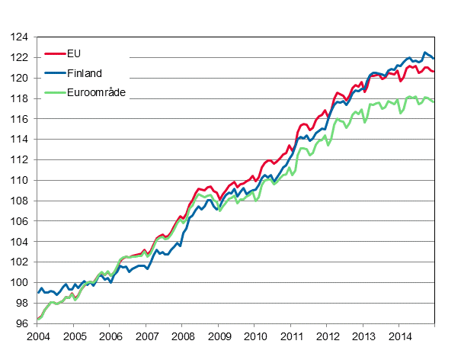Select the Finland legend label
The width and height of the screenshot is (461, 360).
(x=85, y=73)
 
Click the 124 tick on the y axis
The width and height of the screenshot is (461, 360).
(x=20, y=37)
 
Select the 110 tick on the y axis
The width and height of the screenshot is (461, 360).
(x=20, y=181)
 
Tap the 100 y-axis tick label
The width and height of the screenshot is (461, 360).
(x=20, y=283)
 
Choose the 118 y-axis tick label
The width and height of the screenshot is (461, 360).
(x=20, y=99)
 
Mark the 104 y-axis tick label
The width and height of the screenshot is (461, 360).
(x=20, y=242)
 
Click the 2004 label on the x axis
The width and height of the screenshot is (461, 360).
(x=37, y=336)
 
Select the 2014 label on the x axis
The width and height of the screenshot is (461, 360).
(x=399, y=336)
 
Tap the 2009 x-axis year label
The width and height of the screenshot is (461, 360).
(x=219, y=336)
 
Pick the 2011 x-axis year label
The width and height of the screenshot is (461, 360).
(x=291, y=336)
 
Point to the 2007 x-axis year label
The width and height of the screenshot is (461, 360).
(x=146, y=336)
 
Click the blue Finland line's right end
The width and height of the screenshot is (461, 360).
(x=434, y=58)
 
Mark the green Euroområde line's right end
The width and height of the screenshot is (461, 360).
(x=434, y=101)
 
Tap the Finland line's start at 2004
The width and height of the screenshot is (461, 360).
(x=38, y=292)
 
